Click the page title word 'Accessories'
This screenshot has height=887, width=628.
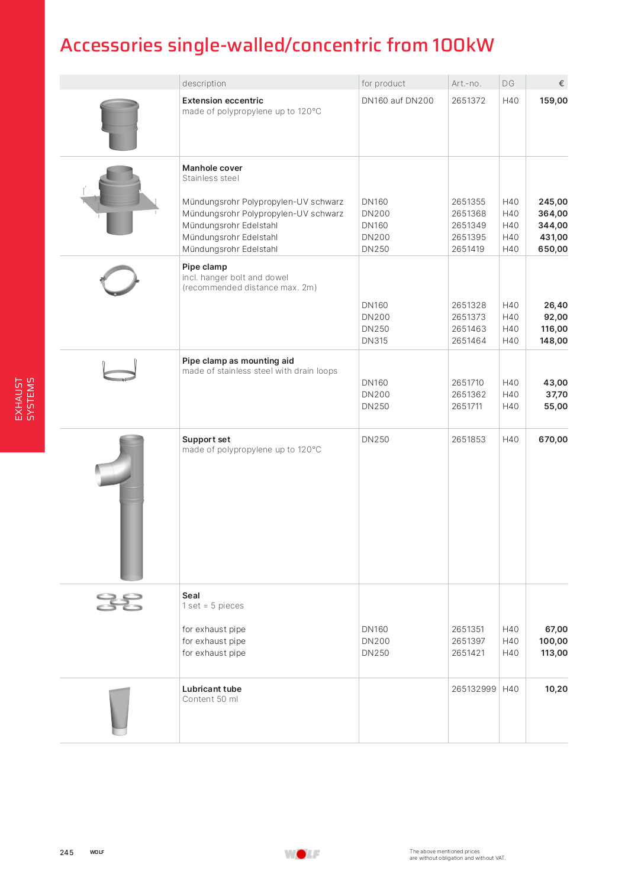111,46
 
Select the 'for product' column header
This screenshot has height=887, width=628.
383,83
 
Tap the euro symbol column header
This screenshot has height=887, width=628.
561,83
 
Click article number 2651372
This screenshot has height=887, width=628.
468,101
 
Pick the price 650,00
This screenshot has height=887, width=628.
552,249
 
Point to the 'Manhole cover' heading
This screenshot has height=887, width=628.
212,168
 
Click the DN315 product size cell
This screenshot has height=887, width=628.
375,341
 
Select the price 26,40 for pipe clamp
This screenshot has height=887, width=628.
555,305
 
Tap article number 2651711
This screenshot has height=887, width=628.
467,406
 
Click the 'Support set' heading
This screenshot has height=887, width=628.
206,439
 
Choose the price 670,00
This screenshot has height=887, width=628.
553,439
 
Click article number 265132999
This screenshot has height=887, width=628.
474,689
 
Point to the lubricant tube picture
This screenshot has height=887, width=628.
120,711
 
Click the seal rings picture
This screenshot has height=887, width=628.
120,602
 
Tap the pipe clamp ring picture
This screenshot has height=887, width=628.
120,280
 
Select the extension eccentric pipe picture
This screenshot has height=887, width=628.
120,124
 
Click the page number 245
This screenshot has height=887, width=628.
67,852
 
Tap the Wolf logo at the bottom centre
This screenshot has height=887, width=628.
302,854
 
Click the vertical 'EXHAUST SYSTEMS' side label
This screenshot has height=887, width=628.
24,399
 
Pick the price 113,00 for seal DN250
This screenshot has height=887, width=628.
553,653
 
